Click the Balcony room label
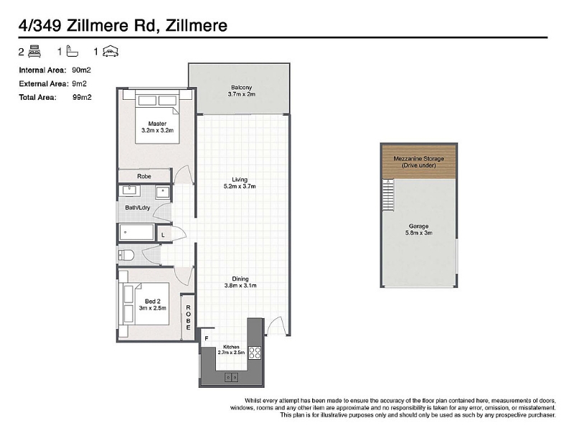pyautogui.click(x=241, y=88)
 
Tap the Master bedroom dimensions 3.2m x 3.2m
pyautogui.click(x=157, y=130)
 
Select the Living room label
pyautogui.click(x=240, y=180)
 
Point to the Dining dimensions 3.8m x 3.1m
pyautogui.click(x=240, y=285)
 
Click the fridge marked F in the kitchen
pyautogui.click(x=207, y=338)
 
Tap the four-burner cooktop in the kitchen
pyautogui.click(x=255, y=353)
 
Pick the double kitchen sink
pyautogui.click(x=231, y=377)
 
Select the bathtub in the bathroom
pyautogui.click(x=136, y=232)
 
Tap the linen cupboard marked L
pyautogui.click(x=164, y=235)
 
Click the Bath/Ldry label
pyautogui.click(x=138, y=208)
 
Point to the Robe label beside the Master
pyautogui.click(x=144, y=176)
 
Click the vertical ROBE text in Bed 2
pyautogui.click(x=188, y=318)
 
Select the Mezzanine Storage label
pyautogui.click(x=419, y=159)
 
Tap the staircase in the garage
pyautogui.click(x=388, y=195)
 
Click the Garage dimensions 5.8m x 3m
pyautogui.click(x=419, y=233)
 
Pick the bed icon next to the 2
pyautogui.click(x=34, y=51)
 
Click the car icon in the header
pyautogui.click(x=110, y=51)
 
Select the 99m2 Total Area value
pyautogui.click(x=82, y=97)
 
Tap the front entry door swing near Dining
pyautogui.click(x=276, y=325)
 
